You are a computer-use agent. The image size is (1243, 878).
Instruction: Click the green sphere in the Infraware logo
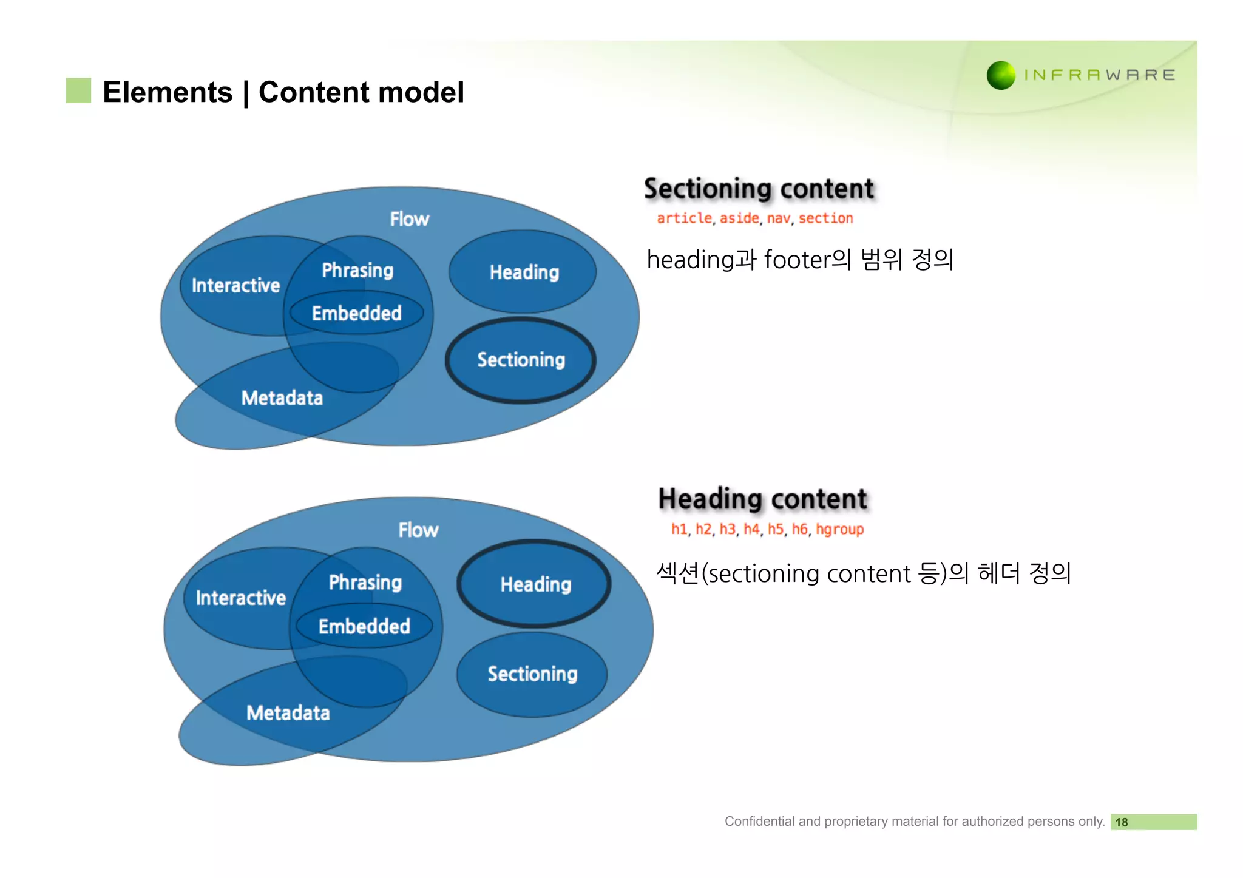[x=1001, y=76]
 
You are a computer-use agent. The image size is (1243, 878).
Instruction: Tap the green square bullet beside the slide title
[x=78, y=91]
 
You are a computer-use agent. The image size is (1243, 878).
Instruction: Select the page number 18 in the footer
[x=1121, y=822]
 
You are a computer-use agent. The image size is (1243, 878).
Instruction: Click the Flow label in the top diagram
[x=409, y=219]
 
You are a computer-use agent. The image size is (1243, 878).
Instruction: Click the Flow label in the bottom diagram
[x=418, y=530]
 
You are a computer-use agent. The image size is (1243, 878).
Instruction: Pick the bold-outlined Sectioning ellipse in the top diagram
[x=521, y=360]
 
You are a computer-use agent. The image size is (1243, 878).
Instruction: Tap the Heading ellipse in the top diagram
[x=524, y=272]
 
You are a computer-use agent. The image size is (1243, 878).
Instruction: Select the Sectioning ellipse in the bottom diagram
[x=532, y=674]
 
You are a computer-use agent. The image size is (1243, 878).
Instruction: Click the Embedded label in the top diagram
[x=357, y=314]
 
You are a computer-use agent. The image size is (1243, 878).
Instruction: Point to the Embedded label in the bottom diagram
[x=364, y=626]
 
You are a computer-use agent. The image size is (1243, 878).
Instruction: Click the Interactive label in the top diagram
[x=235, y=286]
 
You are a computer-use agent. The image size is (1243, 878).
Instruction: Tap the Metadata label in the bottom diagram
[x=288, y=713]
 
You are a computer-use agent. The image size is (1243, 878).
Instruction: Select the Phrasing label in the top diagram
[x=357, y=270]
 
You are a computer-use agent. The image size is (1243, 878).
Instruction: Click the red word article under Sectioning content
[x=684, y=218]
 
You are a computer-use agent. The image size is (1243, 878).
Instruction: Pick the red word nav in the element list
[x=778, y=218]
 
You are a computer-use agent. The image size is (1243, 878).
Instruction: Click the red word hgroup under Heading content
[x=839, y=530]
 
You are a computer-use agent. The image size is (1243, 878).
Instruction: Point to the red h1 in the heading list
[x=679, y=530]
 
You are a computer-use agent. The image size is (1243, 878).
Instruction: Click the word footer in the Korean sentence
[x=796, y=260]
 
